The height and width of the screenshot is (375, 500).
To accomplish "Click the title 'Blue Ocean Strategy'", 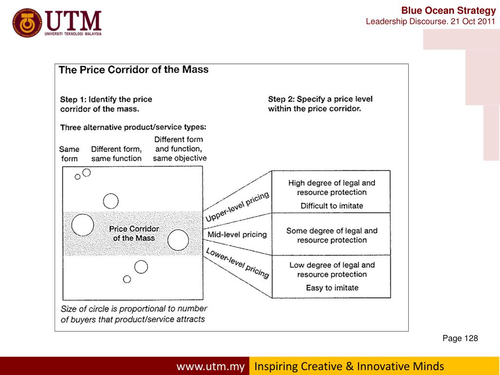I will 448,10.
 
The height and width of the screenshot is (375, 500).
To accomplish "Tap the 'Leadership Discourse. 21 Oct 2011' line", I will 430,22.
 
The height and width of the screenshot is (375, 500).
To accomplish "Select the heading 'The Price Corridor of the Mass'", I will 133,69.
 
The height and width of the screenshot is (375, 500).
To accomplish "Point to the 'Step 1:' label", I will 73,99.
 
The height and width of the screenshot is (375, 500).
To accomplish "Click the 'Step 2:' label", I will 281,99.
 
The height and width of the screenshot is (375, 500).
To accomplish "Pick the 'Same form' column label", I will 69,154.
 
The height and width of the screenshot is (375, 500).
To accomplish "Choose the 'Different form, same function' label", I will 116,154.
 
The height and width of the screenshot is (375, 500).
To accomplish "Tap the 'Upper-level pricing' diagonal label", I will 237,207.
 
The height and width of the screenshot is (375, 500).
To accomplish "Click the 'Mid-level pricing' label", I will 237,234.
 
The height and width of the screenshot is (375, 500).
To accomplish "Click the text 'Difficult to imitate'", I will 332,206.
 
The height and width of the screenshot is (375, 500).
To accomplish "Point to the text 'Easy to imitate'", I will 332,288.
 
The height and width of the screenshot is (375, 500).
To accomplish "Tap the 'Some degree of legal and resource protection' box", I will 332,235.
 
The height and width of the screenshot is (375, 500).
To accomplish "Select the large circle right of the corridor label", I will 178,240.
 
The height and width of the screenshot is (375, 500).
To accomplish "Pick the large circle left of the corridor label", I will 83,225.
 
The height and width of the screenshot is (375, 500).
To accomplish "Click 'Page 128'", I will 460,338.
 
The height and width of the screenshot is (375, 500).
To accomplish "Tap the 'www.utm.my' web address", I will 210,366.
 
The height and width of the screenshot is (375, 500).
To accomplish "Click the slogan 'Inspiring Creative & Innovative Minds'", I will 349,366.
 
